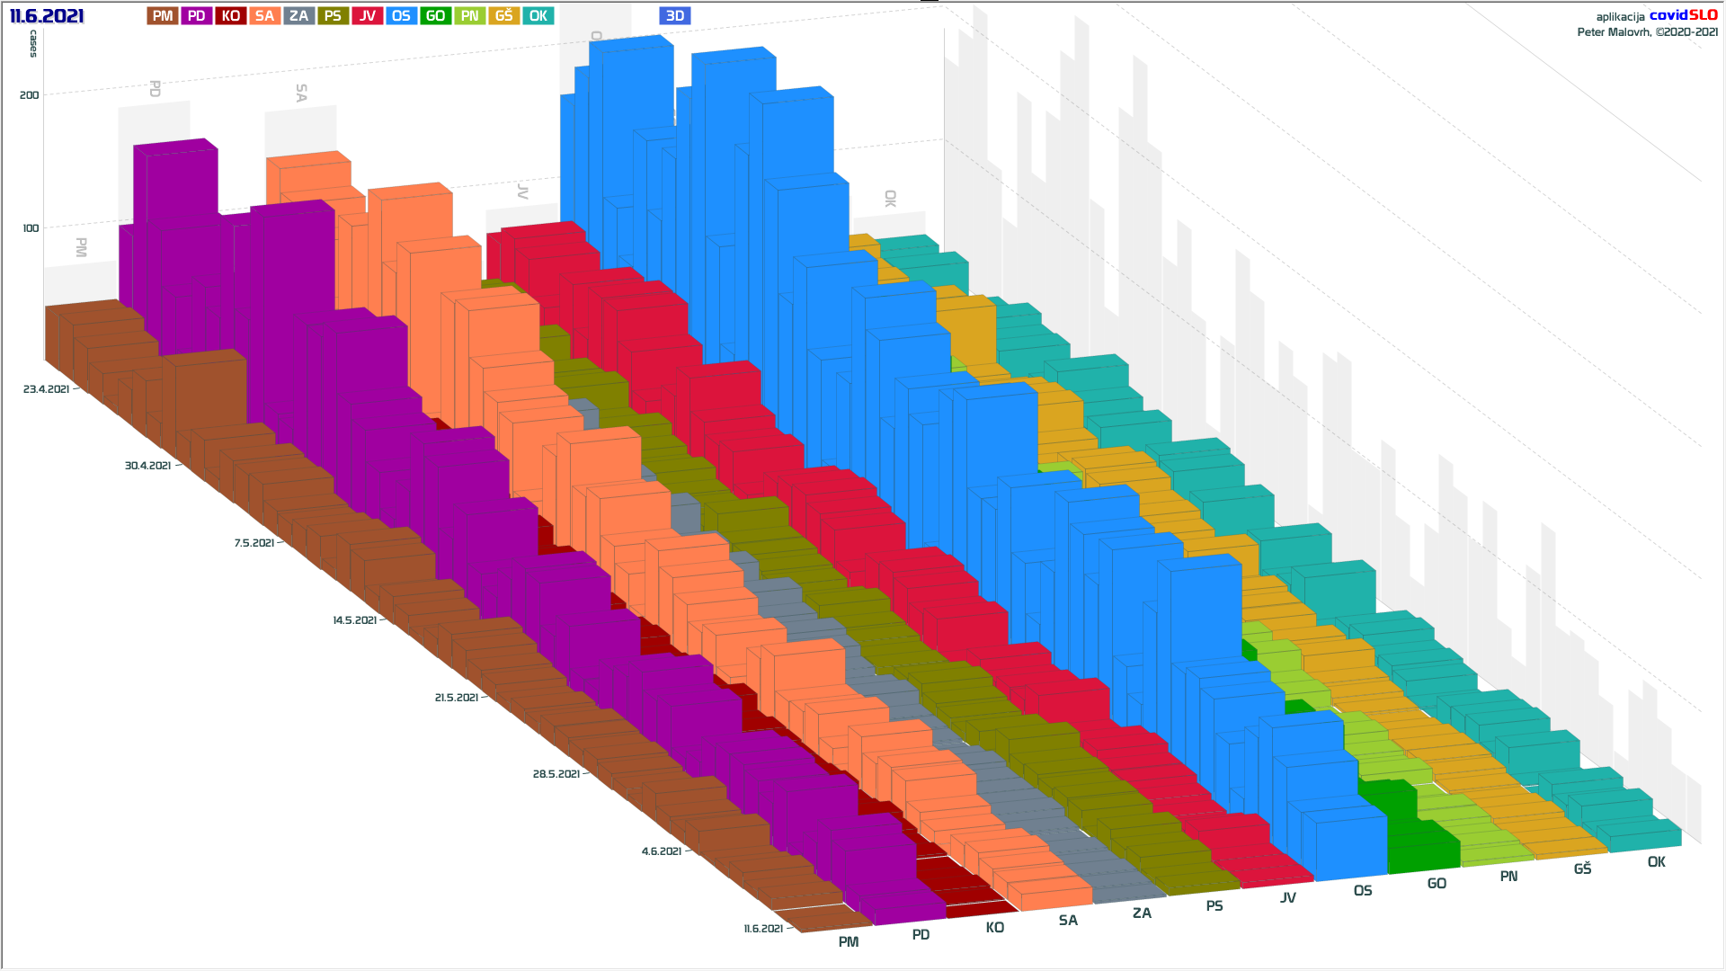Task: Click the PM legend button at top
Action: pyautogui.click(x=162, y=15)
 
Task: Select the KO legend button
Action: pyautogui.click(x=230, y=15)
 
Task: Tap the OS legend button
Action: pyautogui.click(x=401, y=15)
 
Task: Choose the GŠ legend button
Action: pyautogui.click(x=503, y=15)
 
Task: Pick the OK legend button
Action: pyautogui.click(x=538, y=15)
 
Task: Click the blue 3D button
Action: pyautogui.click(x=674, y=15)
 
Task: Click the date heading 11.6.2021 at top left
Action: pyautogui.click(x=47, y=15)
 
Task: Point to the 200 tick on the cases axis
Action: pyautogui.click(x=30, y=94)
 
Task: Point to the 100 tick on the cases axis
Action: pyautogui.click(x=31, y=227)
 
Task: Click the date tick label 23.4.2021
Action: pyautogui.click(x=47, y=389)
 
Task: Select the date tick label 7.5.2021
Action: pyautogui.click(x=254, y=543)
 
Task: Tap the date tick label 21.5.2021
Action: pyautogui.click(x=457, y=698)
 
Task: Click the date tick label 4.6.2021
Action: pyautogui.click(x=662, y=851)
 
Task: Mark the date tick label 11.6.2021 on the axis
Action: pyautogui.click(x=763, y=929)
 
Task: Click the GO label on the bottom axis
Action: pyautogui.click(x=1437, y=884)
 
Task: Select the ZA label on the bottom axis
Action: pyautogui.click(x=1142, y=913)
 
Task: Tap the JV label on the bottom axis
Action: pyautogui.click(x=1288, y=897)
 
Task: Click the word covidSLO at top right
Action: pyautogui.click(x=1683, y=15)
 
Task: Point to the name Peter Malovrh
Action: pyautogui.click(x=1614, y=32)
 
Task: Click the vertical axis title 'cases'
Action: pyautogui.click(x=33, y=43)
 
